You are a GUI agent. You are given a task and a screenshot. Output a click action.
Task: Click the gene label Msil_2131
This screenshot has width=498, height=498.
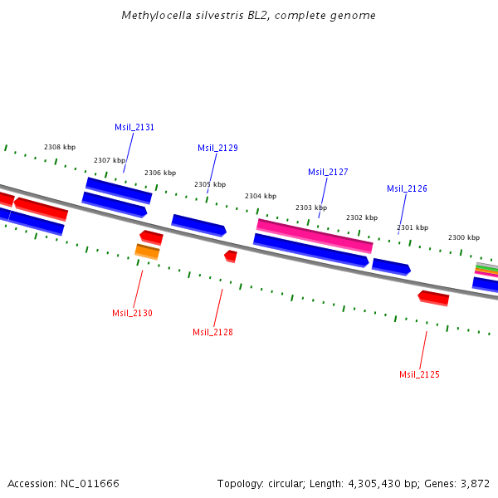click(134, 128)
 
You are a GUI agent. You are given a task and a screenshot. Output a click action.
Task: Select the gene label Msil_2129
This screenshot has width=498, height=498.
click(217, 149)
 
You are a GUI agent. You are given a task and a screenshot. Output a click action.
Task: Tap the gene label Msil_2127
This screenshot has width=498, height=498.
click(328, 173)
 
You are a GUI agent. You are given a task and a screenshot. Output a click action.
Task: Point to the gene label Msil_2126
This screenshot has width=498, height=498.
click(407, 189)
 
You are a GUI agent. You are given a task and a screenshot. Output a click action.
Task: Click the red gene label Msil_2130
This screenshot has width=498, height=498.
click(132, 313)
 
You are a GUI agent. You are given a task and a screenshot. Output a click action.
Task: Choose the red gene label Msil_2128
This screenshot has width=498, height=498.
click(212, 332)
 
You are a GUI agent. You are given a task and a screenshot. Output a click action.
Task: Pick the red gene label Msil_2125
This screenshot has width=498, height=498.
click(419, 375)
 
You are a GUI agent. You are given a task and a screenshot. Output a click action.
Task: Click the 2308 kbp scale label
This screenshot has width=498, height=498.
click(60, 147)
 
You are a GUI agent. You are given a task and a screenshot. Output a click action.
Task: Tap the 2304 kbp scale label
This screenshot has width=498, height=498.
click(260, 196)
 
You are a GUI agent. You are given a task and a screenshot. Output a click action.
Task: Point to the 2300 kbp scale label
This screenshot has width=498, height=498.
click(463, 237)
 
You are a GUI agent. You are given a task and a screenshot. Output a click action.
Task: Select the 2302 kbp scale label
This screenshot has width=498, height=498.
click(361, 217)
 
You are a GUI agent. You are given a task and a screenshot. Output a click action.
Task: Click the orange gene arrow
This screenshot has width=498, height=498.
click(147, 251)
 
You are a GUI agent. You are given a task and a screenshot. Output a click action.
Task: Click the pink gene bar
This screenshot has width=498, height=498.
click(315, 235)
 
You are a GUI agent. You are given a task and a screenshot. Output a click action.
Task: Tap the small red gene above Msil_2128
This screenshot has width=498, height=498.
click(231, 256)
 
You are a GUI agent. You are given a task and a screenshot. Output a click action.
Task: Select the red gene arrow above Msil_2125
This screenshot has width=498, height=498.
click(433, 297)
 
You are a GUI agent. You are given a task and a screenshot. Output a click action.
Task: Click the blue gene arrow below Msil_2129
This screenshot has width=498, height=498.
click(198, 224)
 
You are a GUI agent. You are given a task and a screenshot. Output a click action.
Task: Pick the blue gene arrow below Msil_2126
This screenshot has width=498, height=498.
click(390, 266)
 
